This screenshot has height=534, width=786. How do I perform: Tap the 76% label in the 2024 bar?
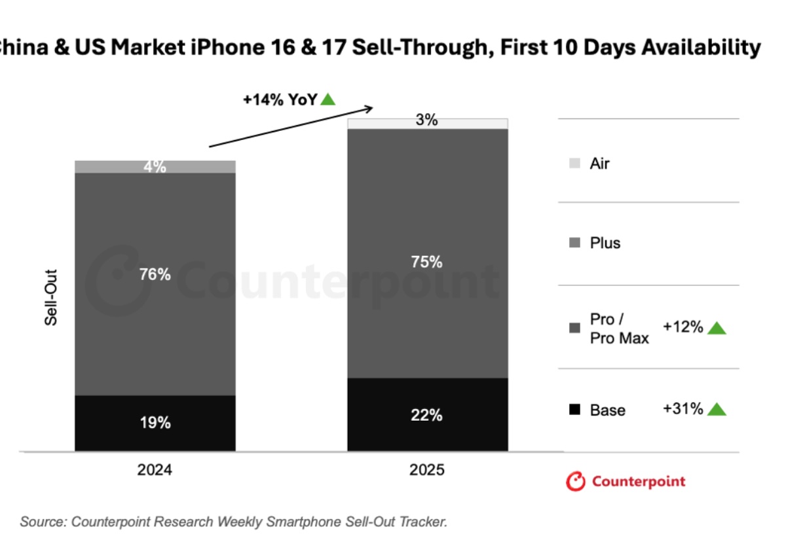click(155, 274)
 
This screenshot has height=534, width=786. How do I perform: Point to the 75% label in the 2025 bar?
click(427, 262)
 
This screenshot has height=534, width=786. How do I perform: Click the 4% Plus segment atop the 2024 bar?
click(155, 167)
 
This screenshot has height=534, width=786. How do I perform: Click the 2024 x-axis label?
click(155, 470)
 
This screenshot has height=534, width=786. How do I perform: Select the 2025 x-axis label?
click(427, 470)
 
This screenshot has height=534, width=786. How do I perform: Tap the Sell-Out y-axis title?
click(51, 297)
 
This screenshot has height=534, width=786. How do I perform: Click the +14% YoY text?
click(280, 99)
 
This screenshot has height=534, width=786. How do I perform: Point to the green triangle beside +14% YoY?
click(328, 99)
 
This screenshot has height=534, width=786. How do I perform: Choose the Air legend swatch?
click(574, 164)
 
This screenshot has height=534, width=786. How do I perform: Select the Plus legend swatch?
click(574, 243)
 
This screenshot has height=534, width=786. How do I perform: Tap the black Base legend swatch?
click(574, 410)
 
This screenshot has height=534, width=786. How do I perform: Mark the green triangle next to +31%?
click(717, 410)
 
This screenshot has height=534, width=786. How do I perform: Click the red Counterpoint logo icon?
click(575, 482)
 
